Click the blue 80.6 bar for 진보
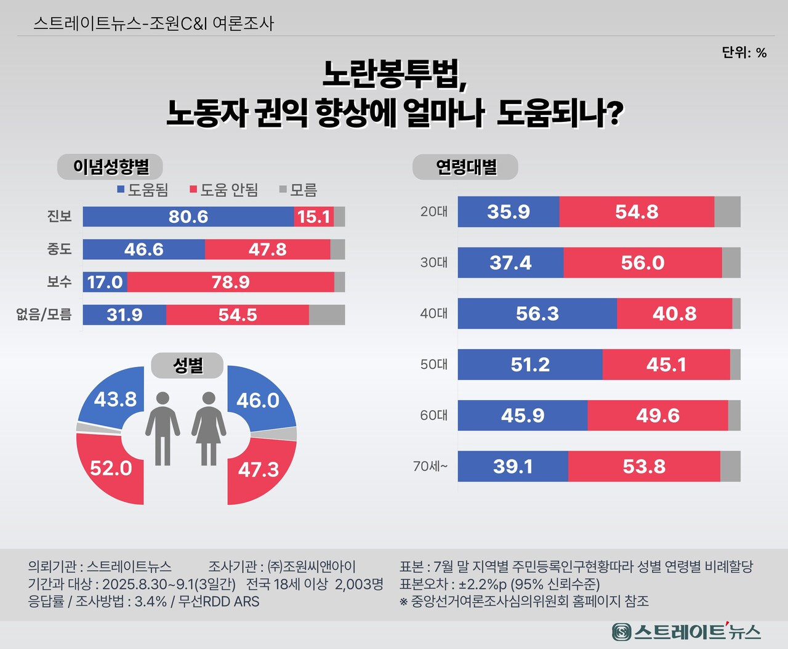point(188,217)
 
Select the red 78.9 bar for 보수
point(230,282)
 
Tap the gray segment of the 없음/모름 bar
point(326,315)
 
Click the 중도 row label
point(60,249)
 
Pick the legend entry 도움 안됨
point(224,190)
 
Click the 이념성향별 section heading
point(111,167)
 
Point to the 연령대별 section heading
point(465,167)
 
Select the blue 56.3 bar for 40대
point(537,313)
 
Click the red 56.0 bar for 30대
point(642,263)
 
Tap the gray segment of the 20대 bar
point(727,212)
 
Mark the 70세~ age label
point(430,467)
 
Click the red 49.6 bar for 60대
point(657,416)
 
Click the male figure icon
point(163,428)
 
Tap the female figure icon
point(209,428)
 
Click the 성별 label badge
point(188,365)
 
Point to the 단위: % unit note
point(744,53)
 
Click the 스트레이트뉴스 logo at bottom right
point(686,631)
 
